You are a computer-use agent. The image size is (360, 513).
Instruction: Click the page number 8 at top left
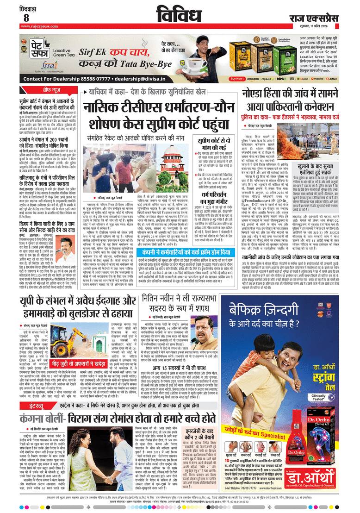tap(26, 18)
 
